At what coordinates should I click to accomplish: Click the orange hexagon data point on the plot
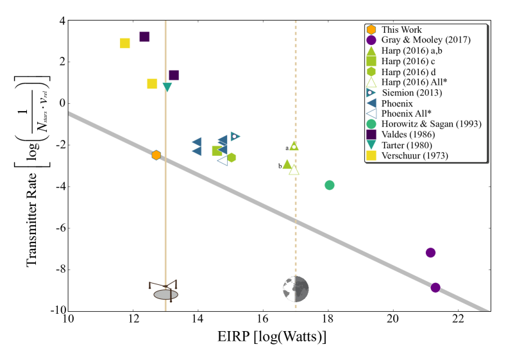[156, 155]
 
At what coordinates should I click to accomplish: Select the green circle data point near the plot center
[330, 185]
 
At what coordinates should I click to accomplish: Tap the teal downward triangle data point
[167, 87]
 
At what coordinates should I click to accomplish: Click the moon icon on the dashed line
[296, 289]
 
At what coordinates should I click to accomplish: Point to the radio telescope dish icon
[165, 291]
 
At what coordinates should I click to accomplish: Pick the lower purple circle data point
[435, 287]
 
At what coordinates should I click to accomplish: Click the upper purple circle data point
[430, 252]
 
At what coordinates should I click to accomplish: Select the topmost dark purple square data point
[144, 37]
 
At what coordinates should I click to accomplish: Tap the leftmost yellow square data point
[125, 43]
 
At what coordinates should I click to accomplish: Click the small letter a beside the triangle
[287, 148]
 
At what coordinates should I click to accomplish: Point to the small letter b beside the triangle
[280, 166]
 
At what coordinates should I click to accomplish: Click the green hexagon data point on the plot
[232, 157]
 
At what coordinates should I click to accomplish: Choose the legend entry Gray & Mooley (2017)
[426, 40]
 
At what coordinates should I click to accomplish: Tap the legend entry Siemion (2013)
[411, 92]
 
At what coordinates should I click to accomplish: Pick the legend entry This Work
[401, 30]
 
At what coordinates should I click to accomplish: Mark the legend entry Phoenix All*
[406, 114]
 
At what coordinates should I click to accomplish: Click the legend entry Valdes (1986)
[408, 135]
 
